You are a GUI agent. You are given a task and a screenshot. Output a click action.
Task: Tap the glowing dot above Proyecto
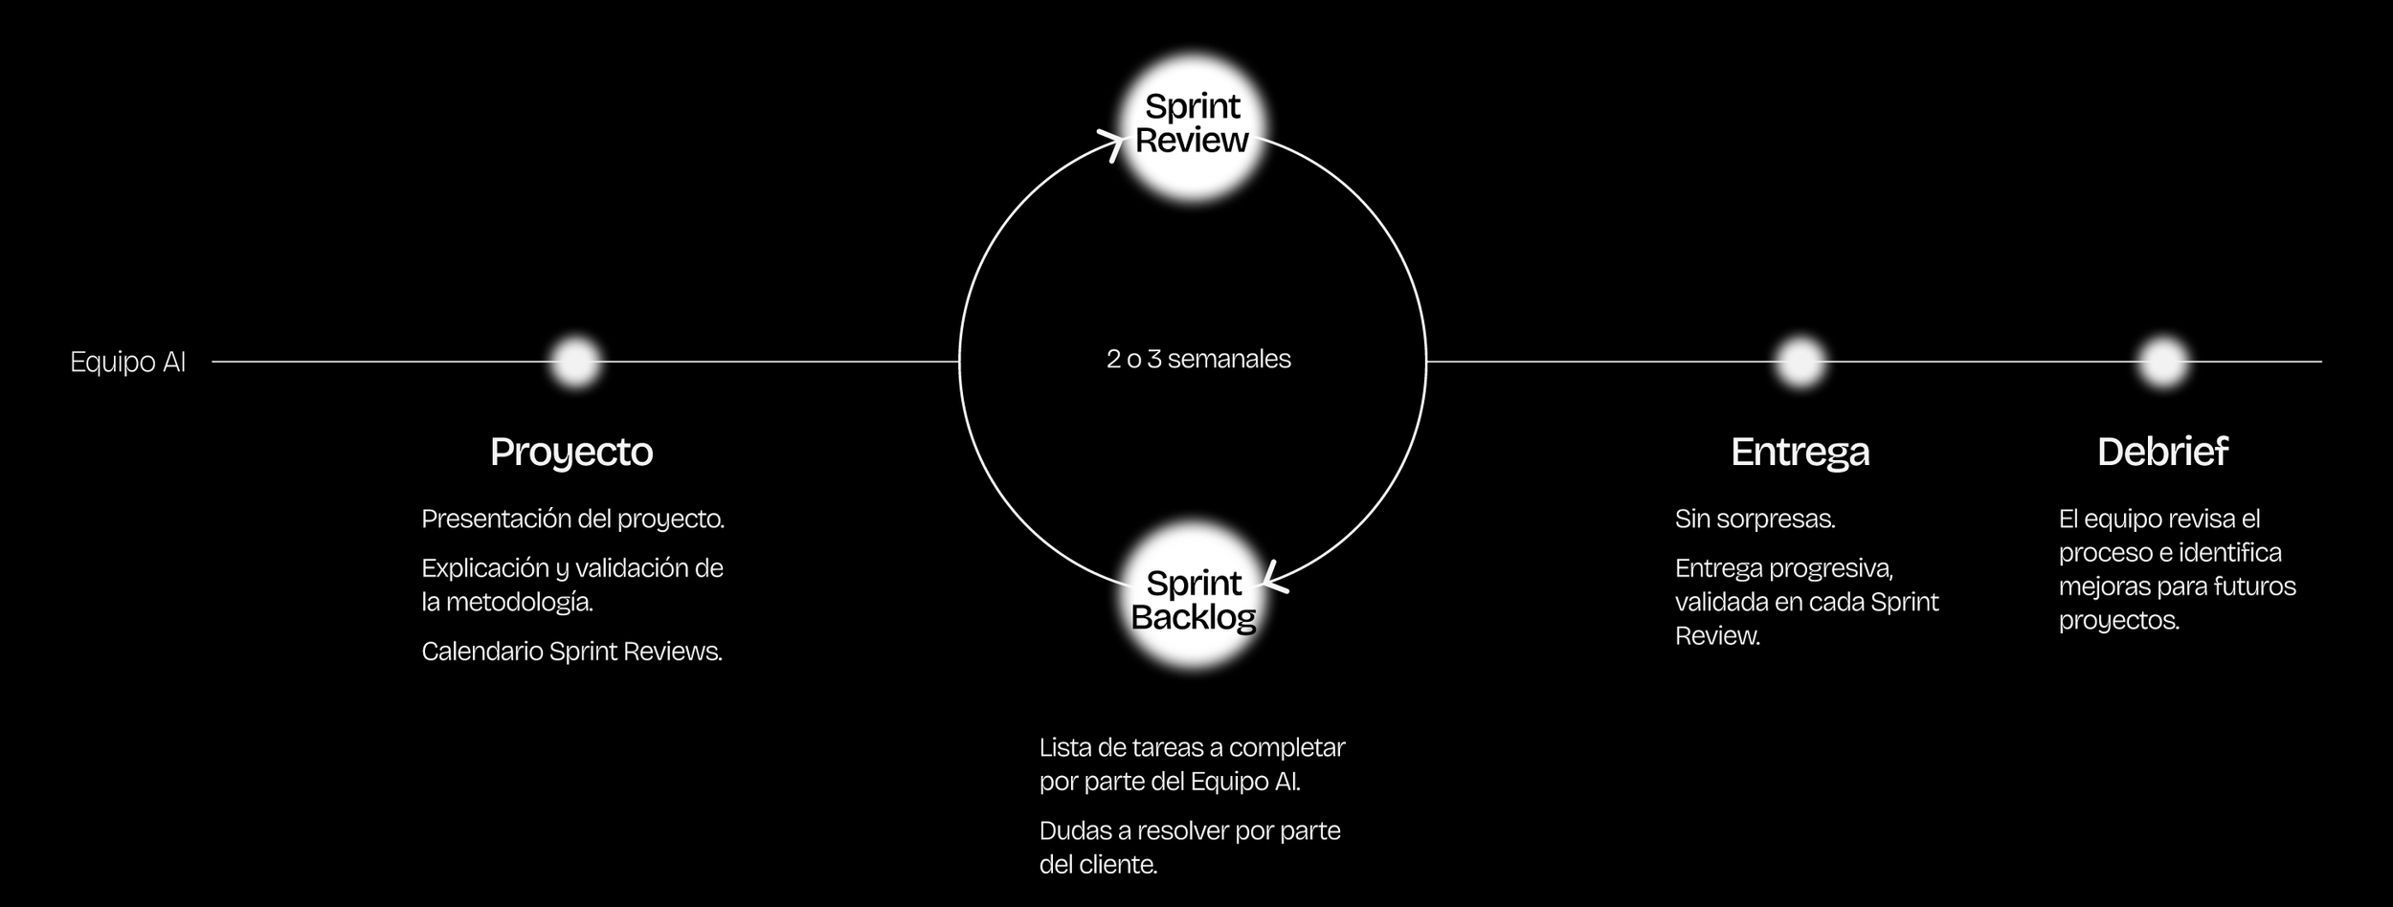(575, 362)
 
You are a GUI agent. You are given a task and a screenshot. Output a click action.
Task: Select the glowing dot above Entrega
(1800, 362)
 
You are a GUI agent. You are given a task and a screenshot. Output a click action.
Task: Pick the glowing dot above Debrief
(2162, 362)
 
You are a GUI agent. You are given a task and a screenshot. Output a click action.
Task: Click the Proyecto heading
(571, 452)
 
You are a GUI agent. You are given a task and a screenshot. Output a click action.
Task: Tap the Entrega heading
(1800, 452)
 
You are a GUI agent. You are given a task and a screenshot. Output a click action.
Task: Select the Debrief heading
(2162, 452)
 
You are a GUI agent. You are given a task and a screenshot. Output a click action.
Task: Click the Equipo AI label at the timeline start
(127, 363)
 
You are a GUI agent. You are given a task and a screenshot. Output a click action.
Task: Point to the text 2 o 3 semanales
(1198, 360)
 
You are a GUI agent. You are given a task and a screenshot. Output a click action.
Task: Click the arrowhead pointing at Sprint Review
(1114, 145)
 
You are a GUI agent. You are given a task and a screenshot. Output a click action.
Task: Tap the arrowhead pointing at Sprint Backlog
(1273, 578)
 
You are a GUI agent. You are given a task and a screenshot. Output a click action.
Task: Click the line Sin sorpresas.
(1755, 520)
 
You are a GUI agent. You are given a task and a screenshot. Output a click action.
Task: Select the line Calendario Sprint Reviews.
(571, 652)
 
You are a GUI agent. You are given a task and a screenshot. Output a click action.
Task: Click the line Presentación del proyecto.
(572, 520)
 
